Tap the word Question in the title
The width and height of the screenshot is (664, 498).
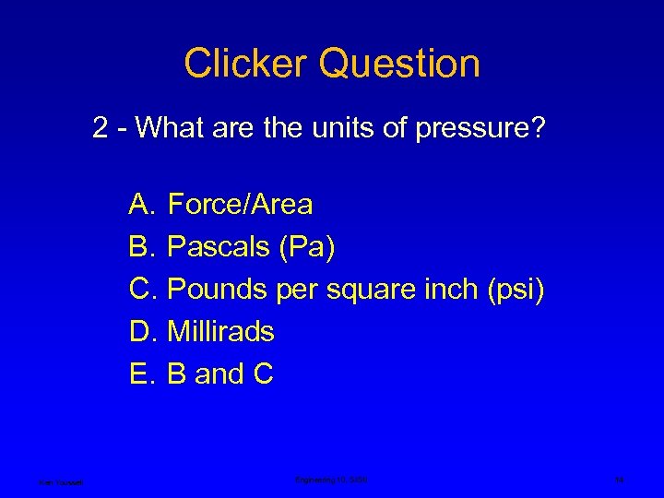[x=401, y=64]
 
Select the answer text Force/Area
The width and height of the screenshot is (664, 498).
[x=241, y=203]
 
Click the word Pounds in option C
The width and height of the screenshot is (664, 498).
[x=219, y=289]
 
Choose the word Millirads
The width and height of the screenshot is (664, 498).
[x=220, y=331]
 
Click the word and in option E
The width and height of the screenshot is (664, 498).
[x=219, y=373]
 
